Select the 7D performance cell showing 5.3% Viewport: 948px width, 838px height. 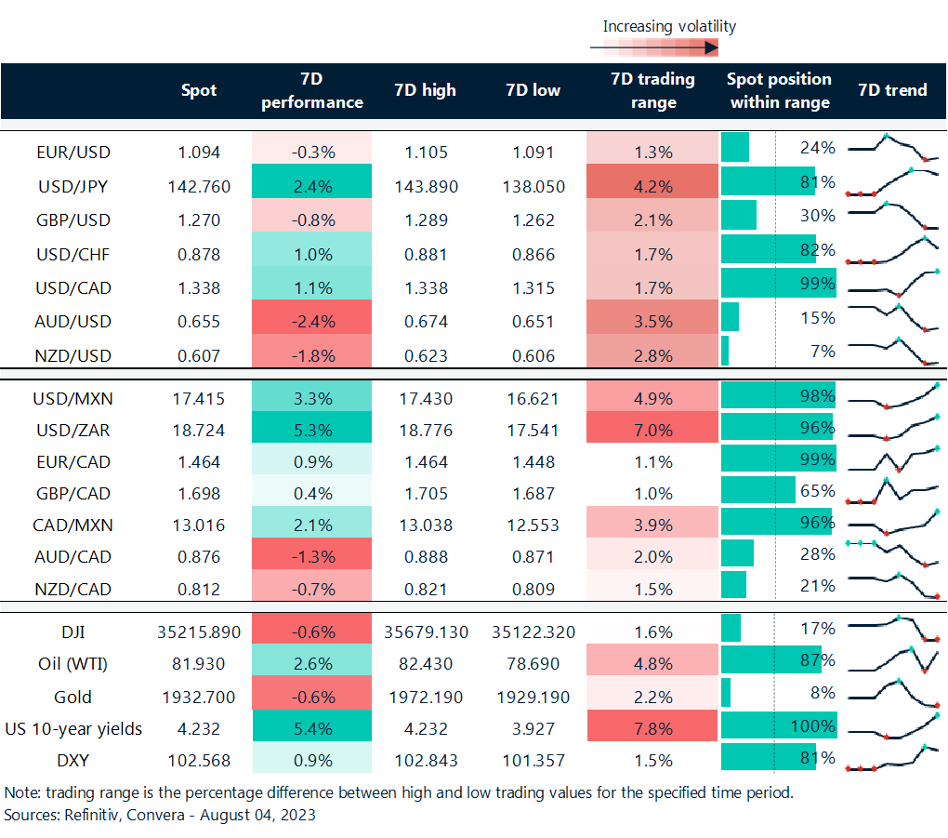coord(311,431)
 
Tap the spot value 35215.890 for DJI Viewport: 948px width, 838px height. coord(198,632)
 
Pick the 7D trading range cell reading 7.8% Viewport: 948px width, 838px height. coord(652,727)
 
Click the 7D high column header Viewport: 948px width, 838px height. coord(426,90)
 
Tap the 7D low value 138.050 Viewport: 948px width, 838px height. coord(534,186)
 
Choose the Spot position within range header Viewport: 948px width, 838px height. coord(780,90)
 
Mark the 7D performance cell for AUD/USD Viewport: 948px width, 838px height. coord(311,322)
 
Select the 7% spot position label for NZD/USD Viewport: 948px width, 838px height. coord(823,352)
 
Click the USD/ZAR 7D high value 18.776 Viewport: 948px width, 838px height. coord(426,431)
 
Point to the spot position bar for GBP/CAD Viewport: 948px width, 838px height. coord(758,491)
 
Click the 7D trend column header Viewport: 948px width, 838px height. coord(893,90)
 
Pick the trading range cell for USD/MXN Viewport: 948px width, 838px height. coord(652,399)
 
